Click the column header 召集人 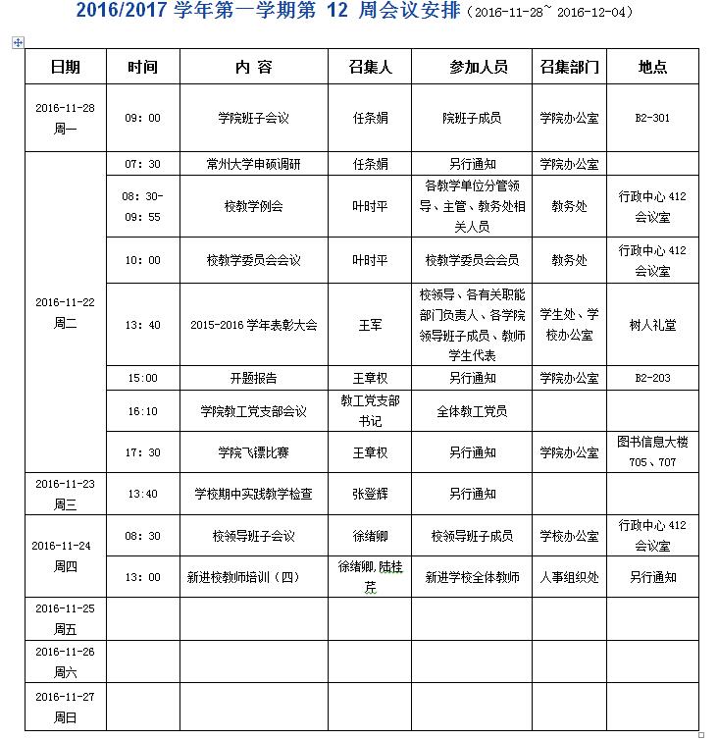(370, 68)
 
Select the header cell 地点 (652, 68)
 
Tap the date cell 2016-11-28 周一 (65, 118)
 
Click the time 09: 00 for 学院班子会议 (142, 118)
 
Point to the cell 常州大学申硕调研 (254, 164)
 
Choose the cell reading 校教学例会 (254, 206)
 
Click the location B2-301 (652, 118)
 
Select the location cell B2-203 (652, 377)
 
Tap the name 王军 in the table (370, 325)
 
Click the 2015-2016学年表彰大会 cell (254, 325)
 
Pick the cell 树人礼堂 (652, 325)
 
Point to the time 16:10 (142, 412)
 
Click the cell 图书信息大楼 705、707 (652, 451)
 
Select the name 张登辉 (370, 494)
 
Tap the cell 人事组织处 (569, 577)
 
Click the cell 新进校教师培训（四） (254, 577)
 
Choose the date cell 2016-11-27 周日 (65, 709)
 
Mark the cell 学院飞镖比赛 (254, 452)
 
